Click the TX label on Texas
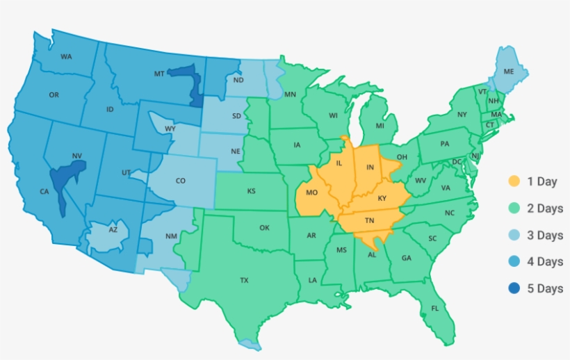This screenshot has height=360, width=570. click(x=244, y=281)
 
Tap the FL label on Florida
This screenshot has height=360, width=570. click(x=435, y=308)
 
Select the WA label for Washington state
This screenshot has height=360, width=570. click(x=67, y=56)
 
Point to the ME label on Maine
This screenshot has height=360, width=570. click(x=509, y=72)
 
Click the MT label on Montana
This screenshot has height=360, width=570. click(x=158, y=73)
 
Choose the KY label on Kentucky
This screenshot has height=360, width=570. click(x=382, y=198)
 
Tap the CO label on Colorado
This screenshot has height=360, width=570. click(x=180, y=181)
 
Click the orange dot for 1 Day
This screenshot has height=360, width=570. click(x=514, y=181)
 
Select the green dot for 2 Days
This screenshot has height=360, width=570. click(x=514, y=208)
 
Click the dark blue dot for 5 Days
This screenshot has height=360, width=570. click(x=514, y=288)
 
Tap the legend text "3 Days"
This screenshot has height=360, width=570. click(x=545, y=235)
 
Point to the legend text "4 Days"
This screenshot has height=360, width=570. click(x=545, y=261)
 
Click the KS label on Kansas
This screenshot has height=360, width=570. click(x=251, y=190)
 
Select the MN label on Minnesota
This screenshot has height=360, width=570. click(x=291, y=94)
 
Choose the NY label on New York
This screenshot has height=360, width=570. click(x=462, y=114)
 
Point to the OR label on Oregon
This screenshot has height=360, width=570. click(x=54, y=95)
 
